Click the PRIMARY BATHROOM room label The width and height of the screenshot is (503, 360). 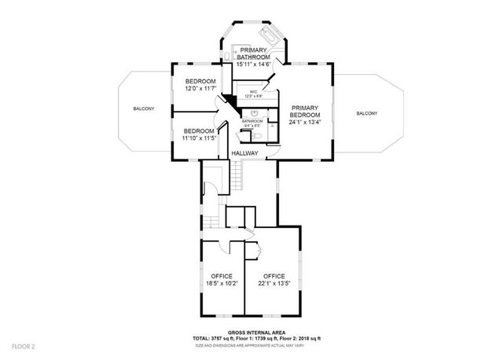tap(254, 53)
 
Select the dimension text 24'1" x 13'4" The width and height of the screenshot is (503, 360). tap(306, 122)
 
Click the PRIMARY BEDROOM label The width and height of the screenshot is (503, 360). tap(306, 111)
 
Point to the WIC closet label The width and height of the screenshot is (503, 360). tap(253, 92)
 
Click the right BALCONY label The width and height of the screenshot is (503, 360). tap(366, 114)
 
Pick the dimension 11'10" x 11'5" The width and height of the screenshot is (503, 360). tap(199, 138)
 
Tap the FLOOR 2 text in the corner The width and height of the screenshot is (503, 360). tap(24, 346)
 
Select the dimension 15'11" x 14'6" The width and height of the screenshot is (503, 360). tap(254, 64)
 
